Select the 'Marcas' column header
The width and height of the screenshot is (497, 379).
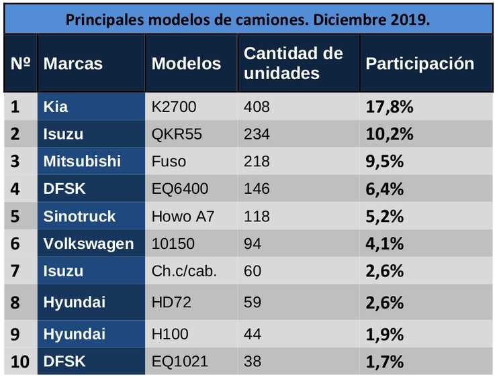73,64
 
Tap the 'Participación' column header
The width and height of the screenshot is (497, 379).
420,64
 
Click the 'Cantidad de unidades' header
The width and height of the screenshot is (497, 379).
293,64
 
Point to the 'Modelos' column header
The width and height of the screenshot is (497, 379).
186,64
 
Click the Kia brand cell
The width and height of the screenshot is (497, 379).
56,107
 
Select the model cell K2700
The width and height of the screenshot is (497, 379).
175,107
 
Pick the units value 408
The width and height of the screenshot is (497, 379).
257,107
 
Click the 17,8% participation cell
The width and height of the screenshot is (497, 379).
389,107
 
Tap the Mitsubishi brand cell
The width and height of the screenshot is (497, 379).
82,162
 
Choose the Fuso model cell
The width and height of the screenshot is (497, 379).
169,162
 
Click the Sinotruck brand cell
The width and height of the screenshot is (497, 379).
79,217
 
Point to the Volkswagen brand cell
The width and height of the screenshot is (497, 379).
89,243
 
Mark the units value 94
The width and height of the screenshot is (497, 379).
253,243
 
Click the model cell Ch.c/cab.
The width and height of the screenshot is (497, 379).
184,271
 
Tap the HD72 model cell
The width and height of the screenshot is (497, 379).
171,303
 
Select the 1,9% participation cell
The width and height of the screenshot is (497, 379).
384,334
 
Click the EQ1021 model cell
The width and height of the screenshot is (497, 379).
180,362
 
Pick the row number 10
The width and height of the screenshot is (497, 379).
20,362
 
